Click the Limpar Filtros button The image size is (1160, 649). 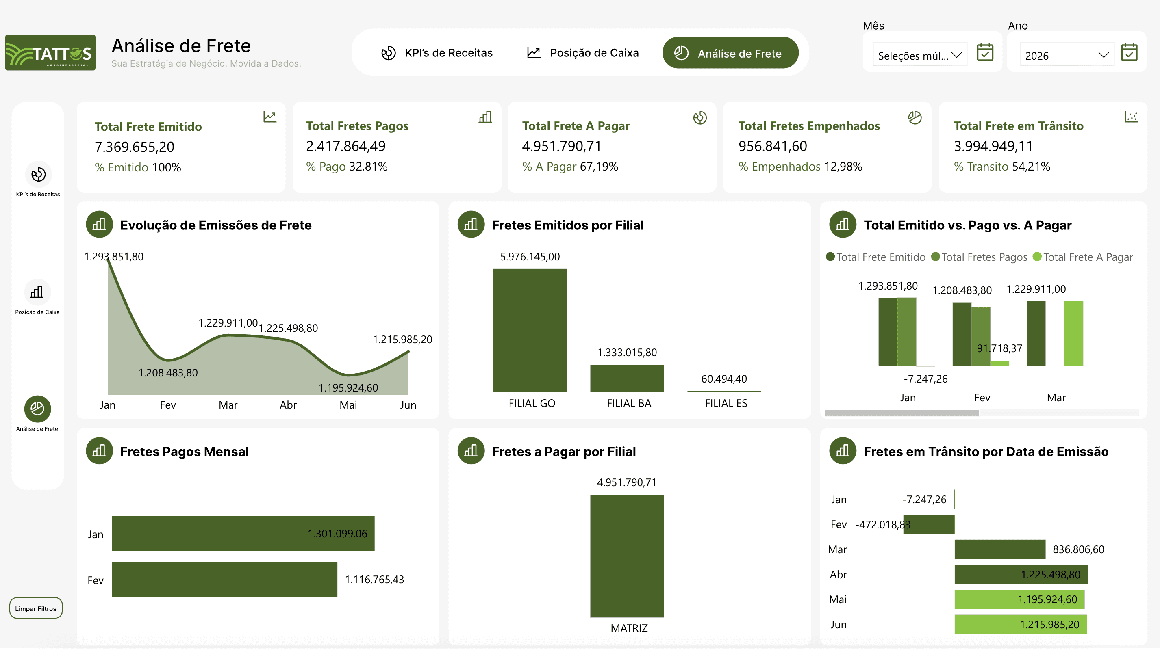[x=36, y=608]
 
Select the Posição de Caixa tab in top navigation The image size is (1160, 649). [x=583, y=53]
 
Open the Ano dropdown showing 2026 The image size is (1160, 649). [x=1066, y=55]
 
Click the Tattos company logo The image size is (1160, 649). [x=50, y=53]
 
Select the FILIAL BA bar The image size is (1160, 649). [x=626, y=378]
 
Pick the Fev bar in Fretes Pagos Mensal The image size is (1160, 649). [x=224, y=579]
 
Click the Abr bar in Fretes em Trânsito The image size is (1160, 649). [x=1021, y=574]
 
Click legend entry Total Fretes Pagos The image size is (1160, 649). [x=980, y=257]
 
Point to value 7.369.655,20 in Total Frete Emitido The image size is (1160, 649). [x=134, y=147]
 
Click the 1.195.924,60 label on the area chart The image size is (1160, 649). [x=348, y=387]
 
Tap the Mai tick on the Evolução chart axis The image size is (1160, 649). [x=348, y=405]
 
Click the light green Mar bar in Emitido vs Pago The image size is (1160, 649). [x=1073, y=333]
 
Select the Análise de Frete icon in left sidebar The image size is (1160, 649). [x=37, y=409]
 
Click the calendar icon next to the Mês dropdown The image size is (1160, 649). [x=985, y=52]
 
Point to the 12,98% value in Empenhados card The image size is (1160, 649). [x=843, y=167]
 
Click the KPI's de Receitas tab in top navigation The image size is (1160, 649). [x=437, y=53]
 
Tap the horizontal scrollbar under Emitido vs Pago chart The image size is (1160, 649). [x=901, y=413]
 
